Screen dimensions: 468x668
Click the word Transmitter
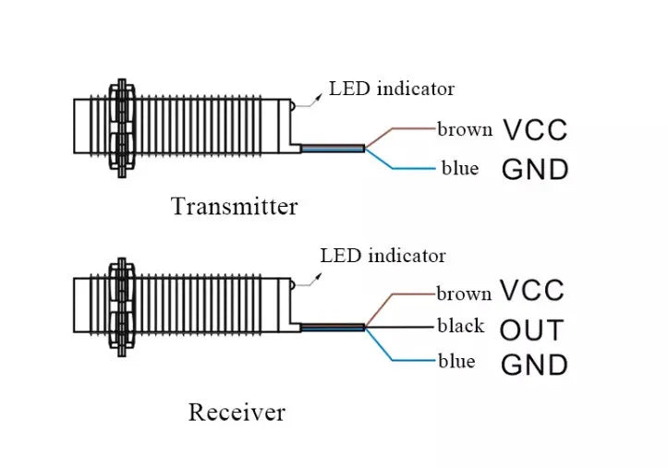235,206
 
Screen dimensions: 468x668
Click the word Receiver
237,412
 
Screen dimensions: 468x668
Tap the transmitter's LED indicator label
392,89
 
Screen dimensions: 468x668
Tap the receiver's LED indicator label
383,256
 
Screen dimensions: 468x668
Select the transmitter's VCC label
534,130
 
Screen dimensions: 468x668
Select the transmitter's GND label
534,170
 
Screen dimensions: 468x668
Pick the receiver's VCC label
532,292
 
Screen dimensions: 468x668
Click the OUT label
532,330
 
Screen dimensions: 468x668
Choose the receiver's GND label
533,366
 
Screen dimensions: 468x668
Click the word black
460,326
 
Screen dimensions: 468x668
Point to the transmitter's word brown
464,129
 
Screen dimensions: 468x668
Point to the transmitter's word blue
458,169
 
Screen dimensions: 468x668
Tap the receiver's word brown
464,294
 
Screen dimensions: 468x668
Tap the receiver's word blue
456,361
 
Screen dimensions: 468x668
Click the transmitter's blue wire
407,168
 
